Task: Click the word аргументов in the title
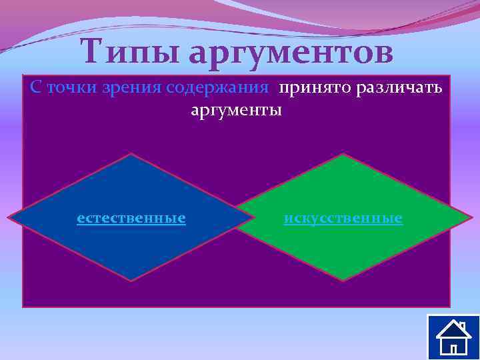(x=291, y=53)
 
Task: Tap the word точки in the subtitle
(x=71, y=88)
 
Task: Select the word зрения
(x=133, y=89)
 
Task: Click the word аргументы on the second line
(x=237, y=109)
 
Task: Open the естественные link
(x=131, y=218)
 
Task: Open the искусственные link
(x=343, y=218)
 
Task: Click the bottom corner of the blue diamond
(x=131, y=281)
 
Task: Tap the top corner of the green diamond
(x=343, y=155)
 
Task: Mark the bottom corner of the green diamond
(x=343, y=280)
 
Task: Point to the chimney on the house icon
(x=462, y=326)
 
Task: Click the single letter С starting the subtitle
(x=35, y=88)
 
